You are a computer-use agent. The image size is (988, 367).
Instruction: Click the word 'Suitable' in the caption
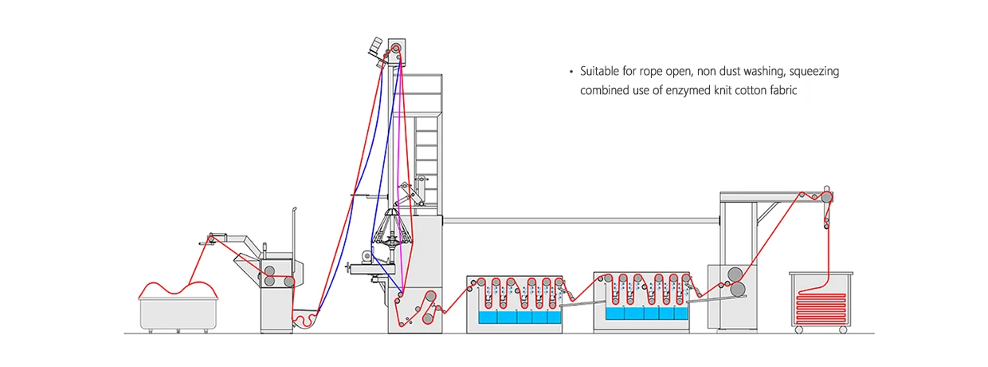point(598,72)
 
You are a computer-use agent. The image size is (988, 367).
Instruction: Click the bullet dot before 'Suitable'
point(571,72)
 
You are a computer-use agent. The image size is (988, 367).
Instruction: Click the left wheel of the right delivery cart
point(800,330)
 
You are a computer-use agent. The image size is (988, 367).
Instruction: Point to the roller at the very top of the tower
point(394,49)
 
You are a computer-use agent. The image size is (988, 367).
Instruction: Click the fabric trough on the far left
point(179,314)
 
